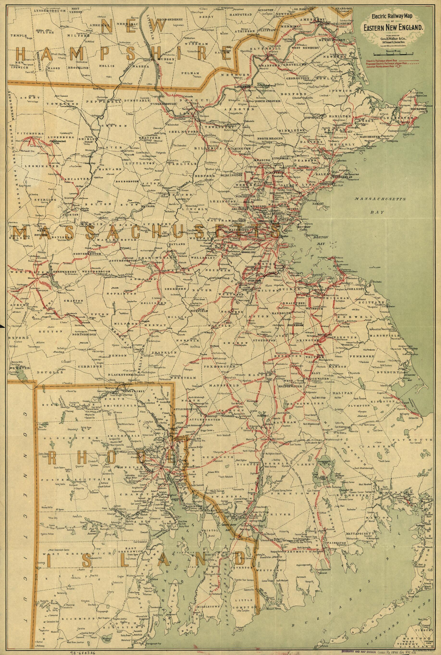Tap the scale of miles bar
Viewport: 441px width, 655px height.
(393, 53)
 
